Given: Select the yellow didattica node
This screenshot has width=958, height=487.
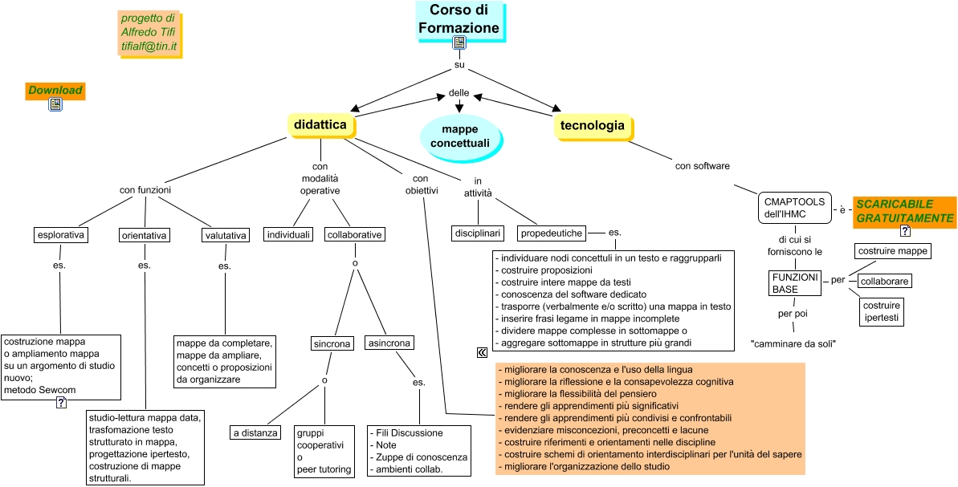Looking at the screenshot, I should click(x=320, y=125).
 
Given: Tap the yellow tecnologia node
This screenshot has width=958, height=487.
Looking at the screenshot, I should click(x=592, y=125).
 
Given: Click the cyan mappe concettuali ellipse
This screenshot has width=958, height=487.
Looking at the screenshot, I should click(x=459, y=136).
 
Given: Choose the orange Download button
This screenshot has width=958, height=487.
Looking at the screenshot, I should click(x=55, y=90).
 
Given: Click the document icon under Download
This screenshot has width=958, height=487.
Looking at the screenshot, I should click(x=55, y=104).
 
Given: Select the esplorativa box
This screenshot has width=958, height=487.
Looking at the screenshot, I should click(x=61, y=235).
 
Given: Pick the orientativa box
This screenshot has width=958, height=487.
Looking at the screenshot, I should click(x=145, y=235).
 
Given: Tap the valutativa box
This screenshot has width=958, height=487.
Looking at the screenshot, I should click(x=225, y=235).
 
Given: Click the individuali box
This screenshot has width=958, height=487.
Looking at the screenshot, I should click(x=288, y=234).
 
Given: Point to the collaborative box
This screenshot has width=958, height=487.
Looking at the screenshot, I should click(x=354, y=234).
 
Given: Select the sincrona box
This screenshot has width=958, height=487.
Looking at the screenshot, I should click(x=332, y=343).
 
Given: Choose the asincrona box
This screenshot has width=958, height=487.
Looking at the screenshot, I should click(x=389, y=343).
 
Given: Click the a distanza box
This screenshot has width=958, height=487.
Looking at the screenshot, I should click(x=255, y=433).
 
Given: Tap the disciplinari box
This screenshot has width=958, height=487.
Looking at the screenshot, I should click(x=478, y=233).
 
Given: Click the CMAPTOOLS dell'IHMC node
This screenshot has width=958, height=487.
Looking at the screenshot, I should click(x=792, y=208).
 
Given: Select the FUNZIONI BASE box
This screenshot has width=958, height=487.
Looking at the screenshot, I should click(x=794, y=282).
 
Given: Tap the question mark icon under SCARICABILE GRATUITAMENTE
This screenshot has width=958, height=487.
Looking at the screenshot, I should click(x=905, y=231).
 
